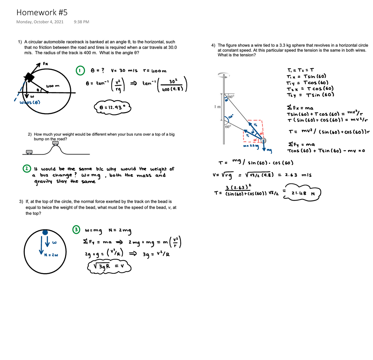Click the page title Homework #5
point(42,12)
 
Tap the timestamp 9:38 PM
point(81,22)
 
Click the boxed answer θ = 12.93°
point(112,108)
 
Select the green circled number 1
point(80,71)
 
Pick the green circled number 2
point(27,168)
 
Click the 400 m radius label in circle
point(53,86)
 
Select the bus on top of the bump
point(56,143)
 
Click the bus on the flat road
point(29,152)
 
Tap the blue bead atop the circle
point(45,232)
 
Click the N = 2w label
point(51,255)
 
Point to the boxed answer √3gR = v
point(108,266)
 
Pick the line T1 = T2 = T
point(300,70)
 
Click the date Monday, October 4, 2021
point(40,22)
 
